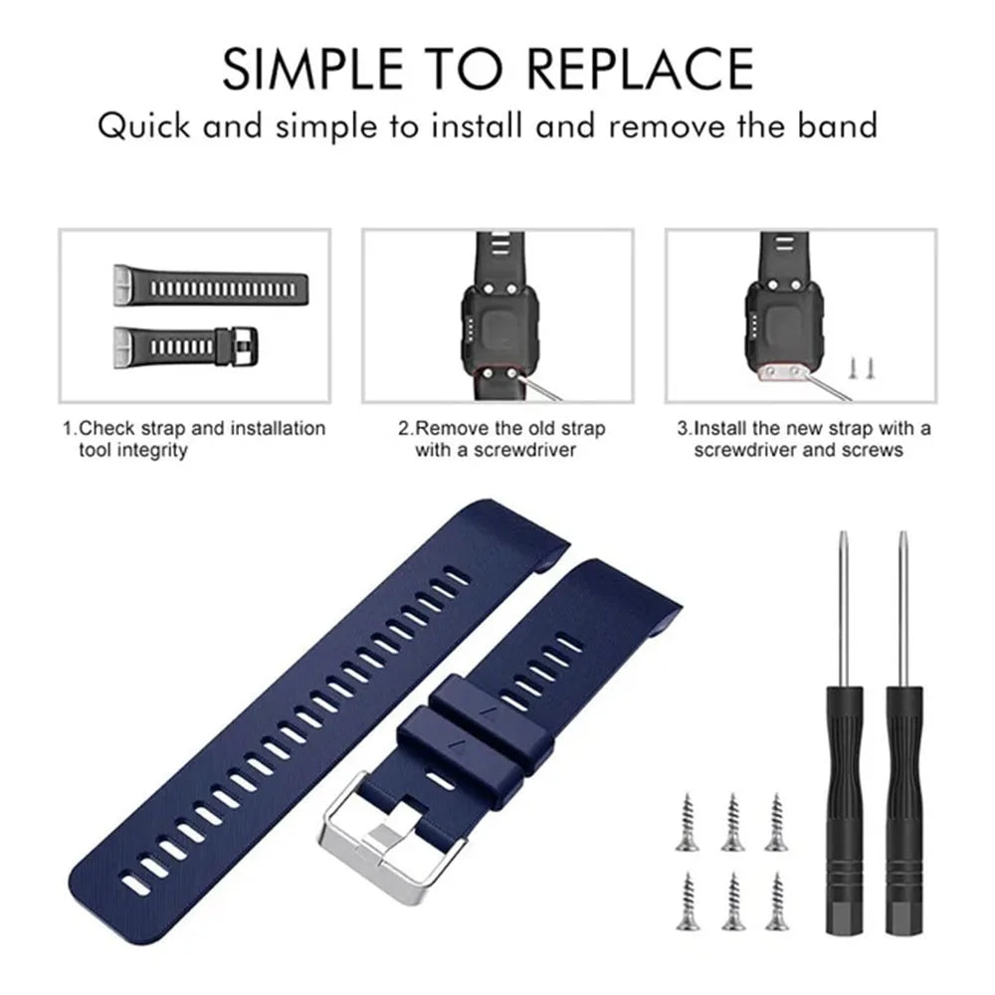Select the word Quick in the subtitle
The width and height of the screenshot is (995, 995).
(144, 125)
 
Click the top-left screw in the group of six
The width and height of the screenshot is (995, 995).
(688, 822)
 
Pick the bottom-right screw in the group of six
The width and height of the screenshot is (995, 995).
(776, 901)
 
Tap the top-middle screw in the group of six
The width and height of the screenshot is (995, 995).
(733, 822)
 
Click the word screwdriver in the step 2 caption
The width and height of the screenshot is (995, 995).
(524, 450)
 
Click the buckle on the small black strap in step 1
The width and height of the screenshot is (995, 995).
(238, 346)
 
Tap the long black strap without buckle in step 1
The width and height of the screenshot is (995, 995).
(211, 286)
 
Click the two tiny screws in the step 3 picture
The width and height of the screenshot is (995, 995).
(862, 368)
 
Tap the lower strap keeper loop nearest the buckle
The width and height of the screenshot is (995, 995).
(475, 742)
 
